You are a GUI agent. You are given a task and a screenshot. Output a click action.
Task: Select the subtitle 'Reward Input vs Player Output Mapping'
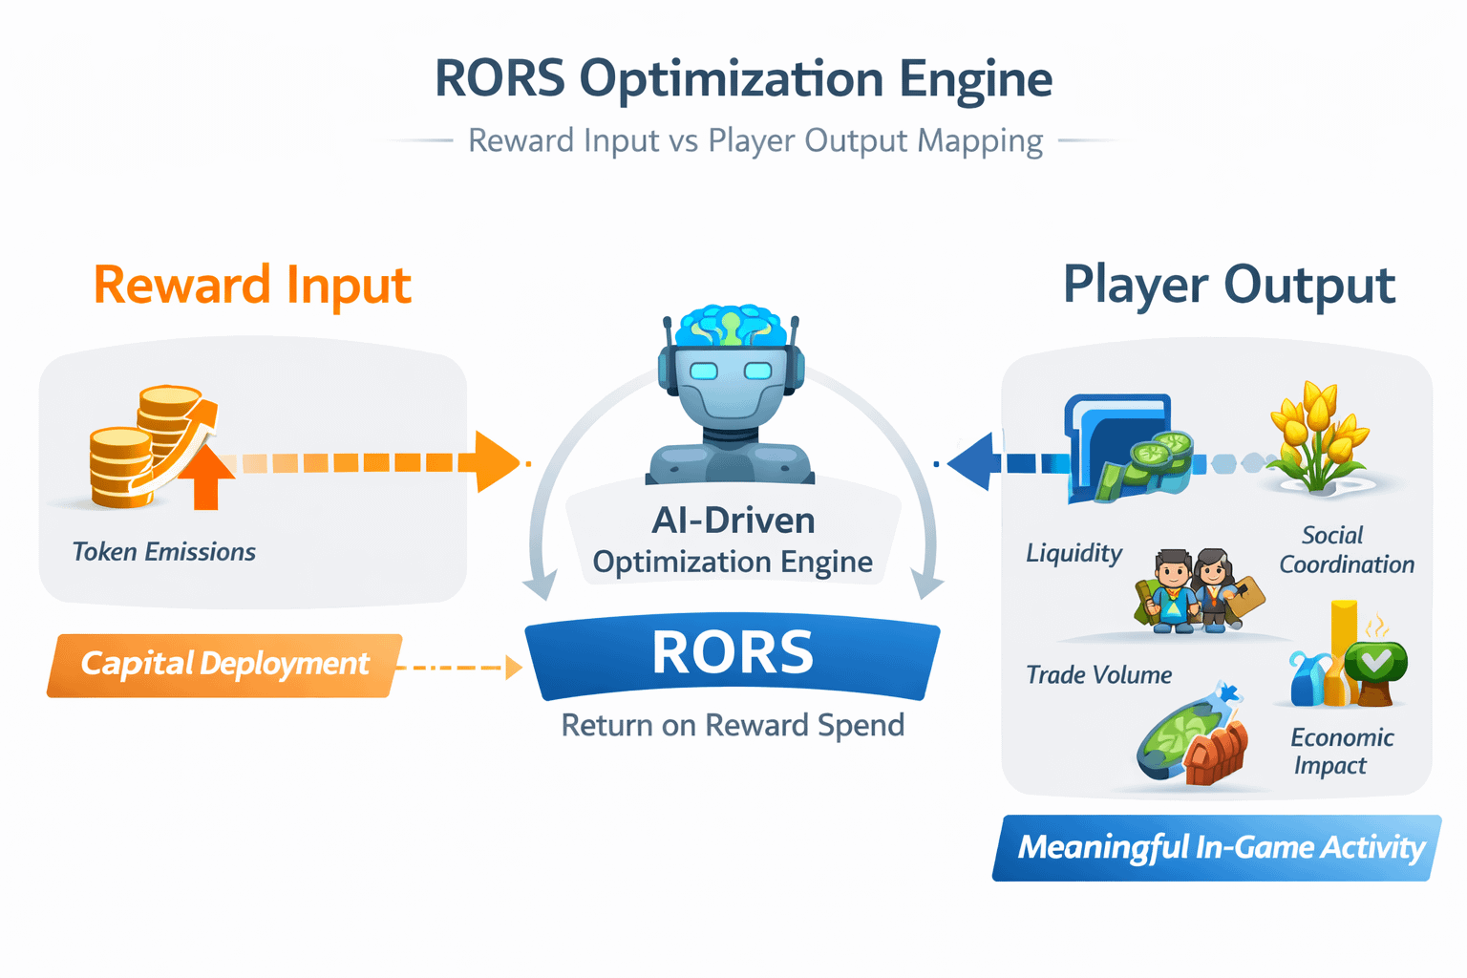[755, 140]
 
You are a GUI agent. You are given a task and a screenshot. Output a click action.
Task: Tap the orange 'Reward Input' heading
[252, 286]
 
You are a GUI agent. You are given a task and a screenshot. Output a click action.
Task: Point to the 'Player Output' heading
[1229, 286]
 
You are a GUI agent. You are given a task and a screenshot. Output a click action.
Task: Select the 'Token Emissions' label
[163, 552]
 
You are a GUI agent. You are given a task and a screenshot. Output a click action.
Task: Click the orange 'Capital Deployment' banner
[224, 665]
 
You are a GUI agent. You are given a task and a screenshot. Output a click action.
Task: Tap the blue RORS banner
[733, 656]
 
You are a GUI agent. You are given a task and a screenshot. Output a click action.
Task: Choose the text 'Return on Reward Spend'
[733, 725]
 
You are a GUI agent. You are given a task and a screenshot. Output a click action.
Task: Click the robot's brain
[731, 326]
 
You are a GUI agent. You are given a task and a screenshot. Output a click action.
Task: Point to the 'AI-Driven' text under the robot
[733, 521]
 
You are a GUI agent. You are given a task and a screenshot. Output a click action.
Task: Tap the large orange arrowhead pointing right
[497, 462]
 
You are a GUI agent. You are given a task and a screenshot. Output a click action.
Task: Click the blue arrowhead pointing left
[971, 462]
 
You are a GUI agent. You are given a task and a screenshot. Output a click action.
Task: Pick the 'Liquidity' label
[1074, 553]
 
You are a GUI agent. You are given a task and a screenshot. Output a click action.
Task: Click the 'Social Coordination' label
[1347, 549]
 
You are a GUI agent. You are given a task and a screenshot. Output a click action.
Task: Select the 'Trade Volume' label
[1099, 674]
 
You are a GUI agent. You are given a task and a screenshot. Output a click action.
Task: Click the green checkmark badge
[1375, 662]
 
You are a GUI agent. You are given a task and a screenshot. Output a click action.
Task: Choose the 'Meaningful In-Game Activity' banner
[1217, 848]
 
